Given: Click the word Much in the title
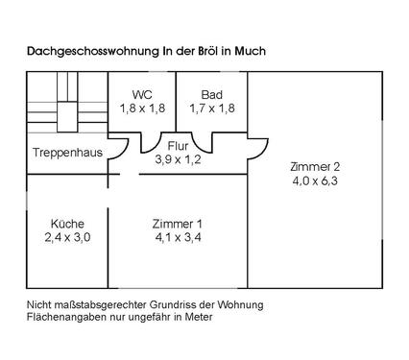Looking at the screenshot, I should click(x=248, y=50).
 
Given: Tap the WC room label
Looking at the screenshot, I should click(x=143, y=95).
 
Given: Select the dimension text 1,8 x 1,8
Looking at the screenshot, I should click(x=143, y=108).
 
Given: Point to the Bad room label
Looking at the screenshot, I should click(x=212, y=95).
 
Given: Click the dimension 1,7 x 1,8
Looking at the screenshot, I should click(x=212, y=108).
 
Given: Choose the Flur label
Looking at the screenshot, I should click(x=179, y=146).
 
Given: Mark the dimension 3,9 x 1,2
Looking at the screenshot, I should click(x=179, y=159).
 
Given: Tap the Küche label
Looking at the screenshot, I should click(x=66, y=225).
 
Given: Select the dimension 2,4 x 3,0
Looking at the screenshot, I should click(x=66, y=238).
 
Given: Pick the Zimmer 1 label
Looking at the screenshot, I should click(x=178, y=225).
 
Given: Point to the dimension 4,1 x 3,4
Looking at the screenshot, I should click(x=178, y=238).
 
